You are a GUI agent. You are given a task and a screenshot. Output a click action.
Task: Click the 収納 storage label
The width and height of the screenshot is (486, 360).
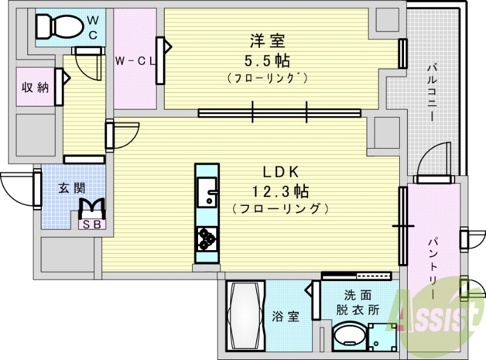click(35, 87)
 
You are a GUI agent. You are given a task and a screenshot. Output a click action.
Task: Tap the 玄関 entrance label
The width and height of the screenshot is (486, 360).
click(70, 188)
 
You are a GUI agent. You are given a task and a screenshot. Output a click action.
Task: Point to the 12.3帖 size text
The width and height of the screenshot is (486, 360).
click(280, 192)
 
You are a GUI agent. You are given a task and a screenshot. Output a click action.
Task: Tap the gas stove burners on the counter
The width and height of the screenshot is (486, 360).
click(207, 238)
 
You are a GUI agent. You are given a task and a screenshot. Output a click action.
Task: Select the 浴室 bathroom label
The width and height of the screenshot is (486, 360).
click(285, 316)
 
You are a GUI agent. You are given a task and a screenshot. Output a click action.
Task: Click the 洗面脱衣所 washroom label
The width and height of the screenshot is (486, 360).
click(358, 303)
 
